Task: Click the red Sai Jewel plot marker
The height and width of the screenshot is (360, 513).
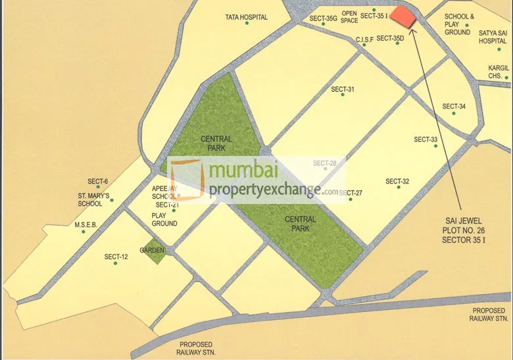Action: [x=404, y=17]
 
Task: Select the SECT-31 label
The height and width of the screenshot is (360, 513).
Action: [x=343, y=90]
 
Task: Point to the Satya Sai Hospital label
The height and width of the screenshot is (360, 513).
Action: [x=493, y=36]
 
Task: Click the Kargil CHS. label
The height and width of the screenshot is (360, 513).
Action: [x=498, y=72]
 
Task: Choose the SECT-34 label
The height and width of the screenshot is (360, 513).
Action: [x=454, y=107]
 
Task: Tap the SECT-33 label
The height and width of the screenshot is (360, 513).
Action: [x=426, y=140]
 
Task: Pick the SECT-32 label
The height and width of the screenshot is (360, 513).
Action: [x=397, y=182]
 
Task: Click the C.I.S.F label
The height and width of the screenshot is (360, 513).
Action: [x=364, y=39]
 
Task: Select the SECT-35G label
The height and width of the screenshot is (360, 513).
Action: [x=322, y=18]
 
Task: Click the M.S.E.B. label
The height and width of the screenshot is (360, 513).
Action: [x=85, y=224]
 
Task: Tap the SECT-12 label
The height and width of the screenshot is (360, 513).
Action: [x=116, y=257]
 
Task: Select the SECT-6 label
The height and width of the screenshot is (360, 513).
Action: [x=97, y=182]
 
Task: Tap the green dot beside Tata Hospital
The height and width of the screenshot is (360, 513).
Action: [x=247, y=24]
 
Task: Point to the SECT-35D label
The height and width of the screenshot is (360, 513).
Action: [x=390, y=38]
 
